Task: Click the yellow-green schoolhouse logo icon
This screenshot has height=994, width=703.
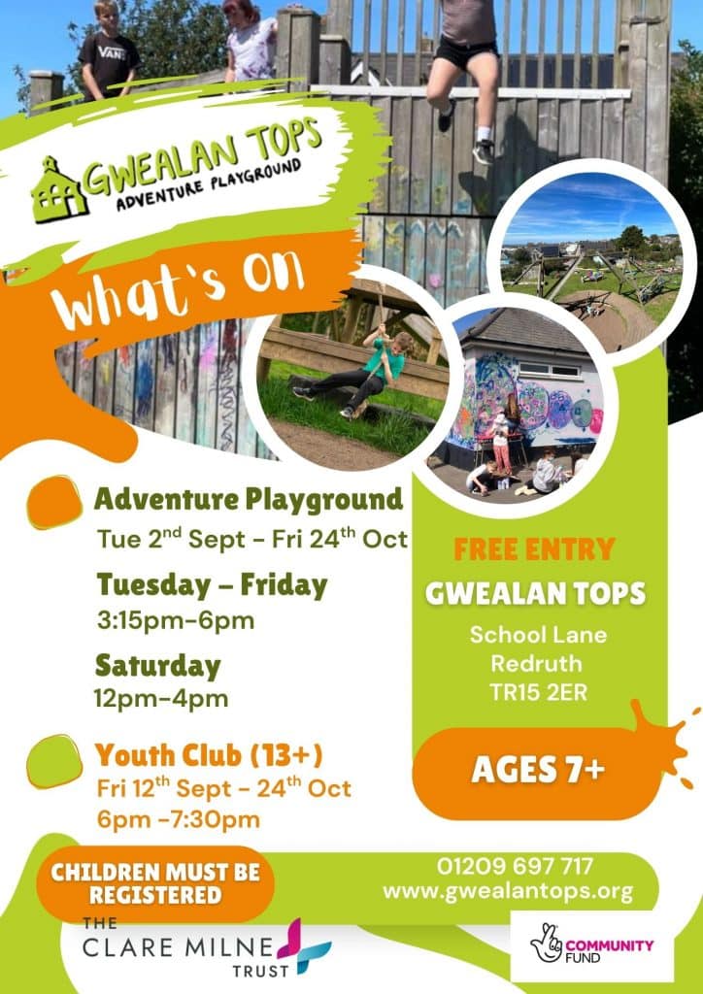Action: tap(59, 190)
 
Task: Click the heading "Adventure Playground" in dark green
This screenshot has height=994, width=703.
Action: tap(249, 500)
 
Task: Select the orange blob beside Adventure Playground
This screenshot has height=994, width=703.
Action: tap(54, 503)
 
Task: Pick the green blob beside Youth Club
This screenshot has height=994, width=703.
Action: tap(54, 761)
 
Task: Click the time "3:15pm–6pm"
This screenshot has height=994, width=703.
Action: tap(176, 620)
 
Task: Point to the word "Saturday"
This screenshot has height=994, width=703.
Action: tap(158, 666)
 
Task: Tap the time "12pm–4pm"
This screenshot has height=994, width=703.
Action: tap(161, 699)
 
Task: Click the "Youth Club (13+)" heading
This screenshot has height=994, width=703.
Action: tap(209, 755)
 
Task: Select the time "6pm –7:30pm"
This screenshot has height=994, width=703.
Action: tap(179, 819)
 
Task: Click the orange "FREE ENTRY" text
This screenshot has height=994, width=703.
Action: tap(534, 549)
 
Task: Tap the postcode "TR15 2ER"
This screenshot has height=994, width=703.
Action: tap(538, 692)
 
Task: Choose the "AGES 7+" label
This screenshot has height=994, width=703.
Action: tap(538, 770)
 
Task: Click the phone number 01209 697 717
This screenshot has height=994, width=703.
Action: tap(515, 866)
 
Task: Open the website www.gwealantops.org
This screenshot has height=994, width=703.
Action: tap(508, 891)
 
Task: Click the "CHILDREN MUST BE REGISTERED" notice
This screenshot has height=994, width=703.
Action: tap(155, 883)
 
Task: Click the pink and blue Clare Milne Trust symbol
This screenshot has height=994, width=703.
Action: tap(307, 945)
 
